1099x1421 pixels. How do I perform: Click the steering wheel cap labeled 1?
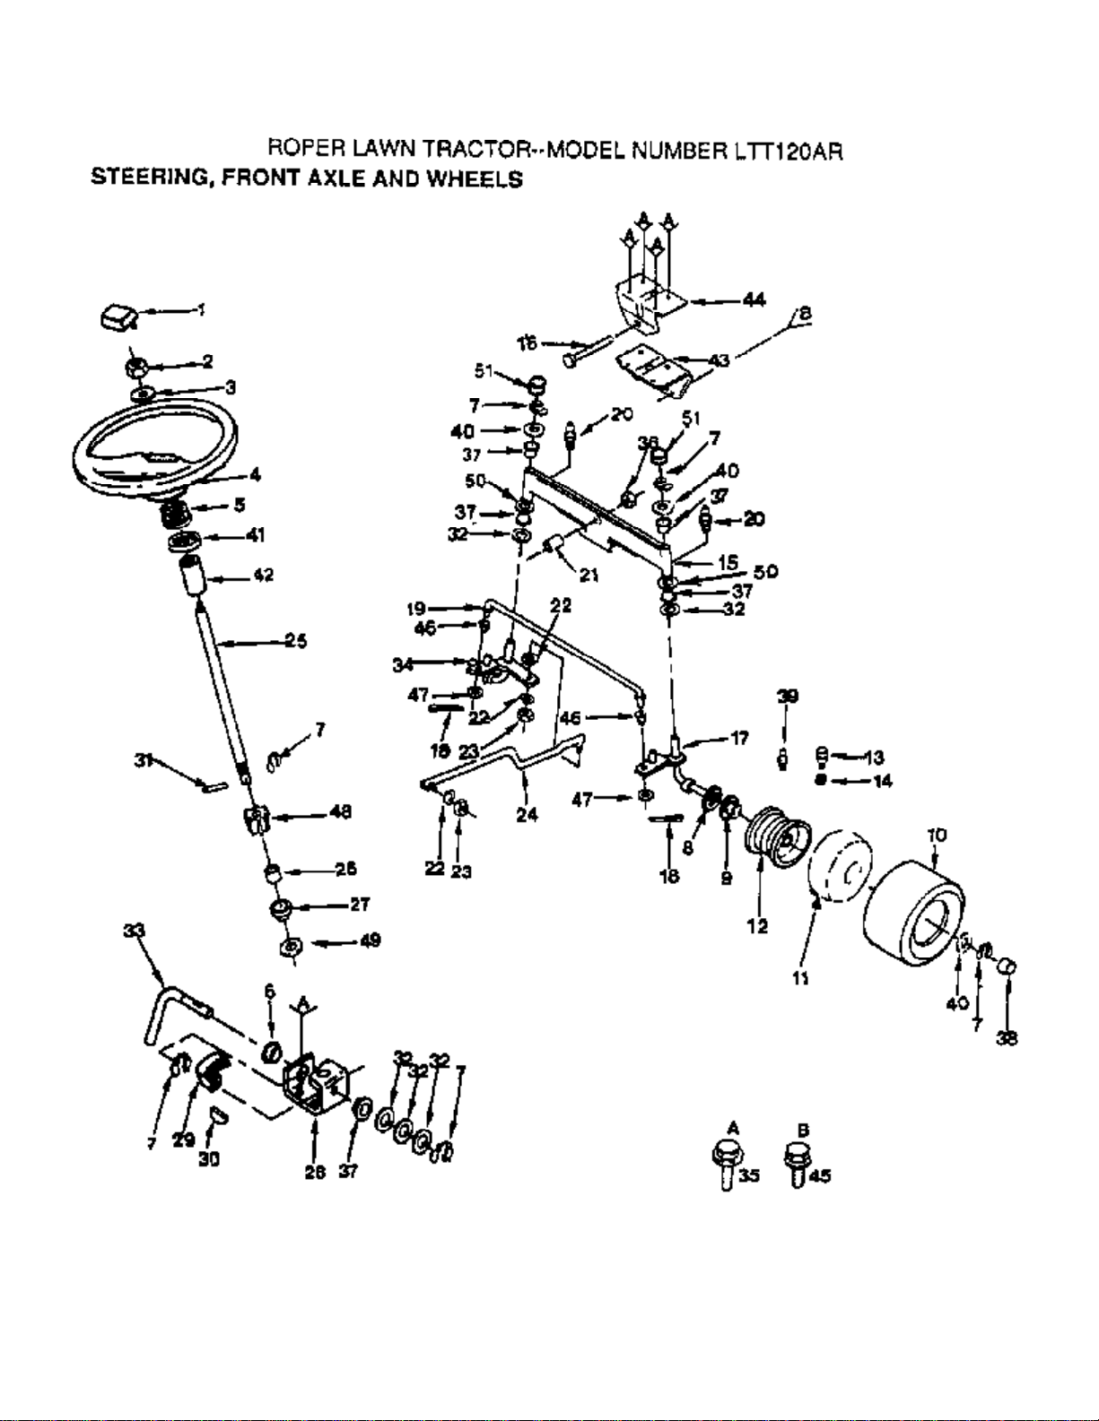[x=117, y=316]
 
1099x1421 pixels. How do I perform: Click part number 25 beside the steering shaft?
[x=295, y=640]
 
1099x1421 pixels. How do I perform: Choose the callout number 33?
[x=133, y=931]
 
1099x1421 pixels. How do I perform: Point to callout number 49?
[x=369, y=940]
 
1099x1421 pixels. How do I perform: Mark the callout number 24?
[x=527, y=814]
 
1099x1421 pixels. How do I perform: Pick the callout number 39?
[x=787, y=697]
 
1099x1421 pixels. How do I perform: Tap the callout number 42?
[x=262, y=575]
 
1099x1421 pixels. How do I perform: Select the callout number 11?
[x=800, y=978]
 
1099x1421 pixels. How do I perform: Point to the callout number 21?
[x=589, y=575]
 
